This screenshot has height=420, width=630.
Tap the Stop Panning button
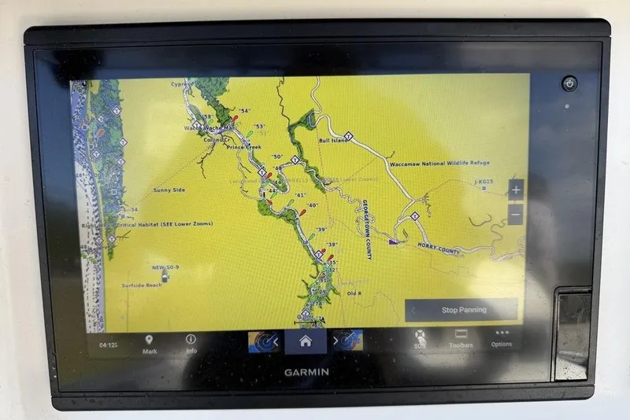point(463,310)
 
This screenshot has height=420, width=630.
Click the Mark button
point(150,344)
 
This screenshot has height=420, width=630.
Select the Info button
point(191,344)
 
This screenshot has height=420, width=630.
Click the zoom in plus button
point(515,190)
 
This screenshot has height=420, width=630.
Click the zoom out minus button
point(515,214)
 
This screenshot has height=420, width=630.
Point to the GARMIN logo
point(307,372)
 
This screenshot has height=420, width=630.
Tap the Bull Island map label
point(333,141)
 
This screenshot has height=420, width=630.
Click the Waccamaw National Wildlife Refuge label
point(439,164)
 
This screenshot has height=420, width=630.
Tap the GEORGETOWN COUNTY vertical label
point(367,229)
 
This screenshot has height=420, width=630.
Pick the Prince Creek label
point(243,147)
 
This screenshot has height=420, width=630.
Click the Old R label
point(354,293)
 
